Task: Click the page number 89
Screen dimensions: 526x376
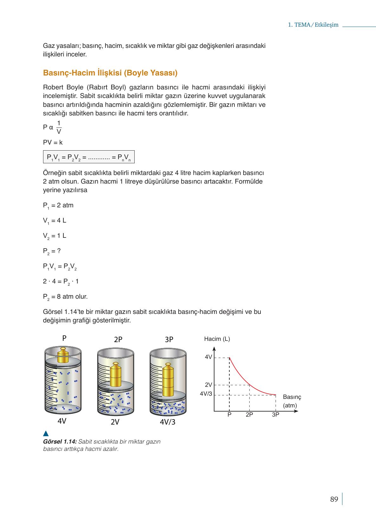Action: click(x=334, y=499)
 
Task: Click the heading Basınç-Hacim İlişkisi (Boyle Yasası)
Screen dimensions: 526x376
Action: click(x=110, y=73)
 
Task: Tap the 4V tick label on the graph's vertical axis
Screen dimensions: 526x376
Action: click(x=208, y=357)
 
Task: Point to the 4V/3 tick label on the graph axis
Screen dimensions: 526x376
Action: click(x=206, y=394)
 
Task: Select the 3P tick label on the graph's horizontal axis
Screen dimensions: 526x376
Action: click(x=275, y=414)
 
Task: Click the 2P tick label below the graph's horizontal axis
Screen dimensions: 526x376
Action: click(x=249, y=414)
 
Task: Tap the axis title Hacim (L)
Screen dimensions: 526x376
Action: click(x=217, y=339)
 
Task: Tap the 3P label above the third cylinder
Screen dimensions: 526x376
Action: click(x=169, y=339)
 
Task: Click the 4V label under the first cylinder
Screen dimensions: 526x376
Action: click(x=62, y=421)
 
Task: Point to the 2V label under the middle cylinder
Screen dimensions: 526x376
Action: click(x=115, y=422)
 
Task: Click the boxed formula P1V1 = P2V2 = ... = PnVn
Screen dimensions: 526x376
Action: click(x=89, y=157)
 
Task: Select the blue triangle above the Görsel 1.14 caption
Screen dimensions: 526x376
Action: click(x=46, y=433)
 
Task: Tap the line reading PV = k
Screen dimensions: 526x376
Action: click(x=53, y=143)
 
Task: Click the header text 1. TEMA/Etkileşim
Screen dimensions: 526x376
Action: click(x=313, y=25)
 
